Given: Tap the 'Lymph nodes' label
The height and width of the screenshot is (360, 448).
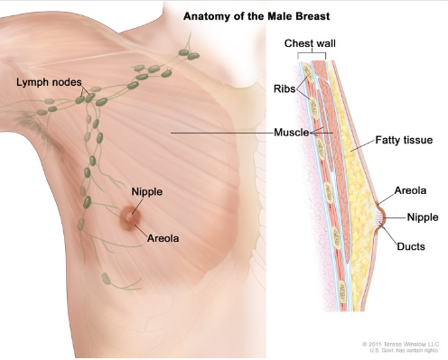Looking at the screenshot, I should point(44,83).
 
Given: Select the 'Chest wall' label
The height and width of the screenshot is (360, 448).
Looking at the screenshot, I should point(311,43).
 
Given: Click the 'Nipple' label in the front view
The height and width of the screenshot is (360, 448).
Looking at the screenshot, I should point(146,191).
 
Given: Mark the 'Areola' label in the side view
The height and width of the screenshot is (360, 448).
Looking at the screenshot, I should point(412,191).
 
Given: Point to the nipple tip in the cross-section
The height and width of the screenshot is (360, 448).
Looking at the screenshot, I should point(389,217).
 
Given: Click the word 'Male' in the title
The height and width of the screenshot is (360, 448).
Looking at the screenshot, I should point(255,16).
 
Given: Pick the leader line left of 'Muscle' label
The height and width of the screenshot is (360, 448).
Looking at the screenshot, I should point(221,133).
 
